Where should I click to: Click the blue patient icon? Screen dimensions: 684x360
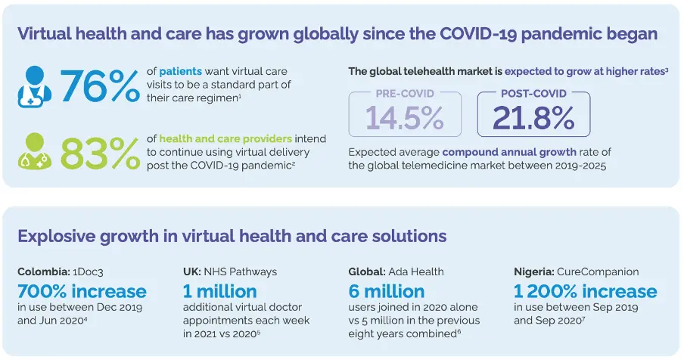(x=35, y=87)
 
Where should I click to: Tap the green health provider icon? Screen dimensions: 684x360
(x=35, y=151)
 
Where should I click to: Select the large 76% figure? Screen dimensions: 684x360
(x=100, y=87)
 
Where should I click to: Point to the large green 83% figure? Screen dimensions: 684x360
(x=100, y=154)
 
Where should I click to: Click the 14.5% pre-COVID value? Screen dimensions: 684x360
(x=404, y=118)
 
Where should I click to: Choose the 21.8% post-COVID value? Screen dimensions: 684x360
(x=533, y=118)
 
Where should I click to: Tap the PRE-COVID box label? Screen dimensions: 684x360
(x=405, y=93)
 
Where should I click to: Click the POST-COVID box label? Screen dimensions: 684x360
(x=533, y=93)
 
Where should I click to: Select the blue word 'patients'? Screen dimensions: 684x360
(x=180, y=71)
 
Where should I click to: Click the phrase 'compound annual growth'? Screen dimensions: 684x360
(x=509, y=152)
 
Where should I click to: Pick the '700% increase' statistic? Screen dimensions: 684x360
(x=82, y=291)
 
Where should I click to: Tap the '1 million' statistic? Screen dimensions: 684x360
(x=220, y=291)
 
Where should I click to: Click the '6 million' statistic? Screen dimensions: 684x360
(x=386, y=291)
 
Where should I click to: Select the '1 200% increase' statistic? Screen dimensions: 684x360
(x=585, y=291)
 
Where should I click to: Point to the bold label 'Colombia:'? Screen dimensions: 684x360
(x=44, y=272)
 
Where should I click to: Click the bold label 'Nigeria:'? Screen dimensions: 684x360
(x=533, y=272)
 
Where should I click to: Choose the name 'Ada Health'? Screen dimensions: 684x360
(x=415, y=272)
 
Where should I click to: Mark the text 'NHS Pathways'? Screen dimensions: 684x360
(x=241, y=272)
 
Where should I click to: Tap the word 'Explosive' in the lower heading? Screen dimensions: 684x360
(x=56, y=236)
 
